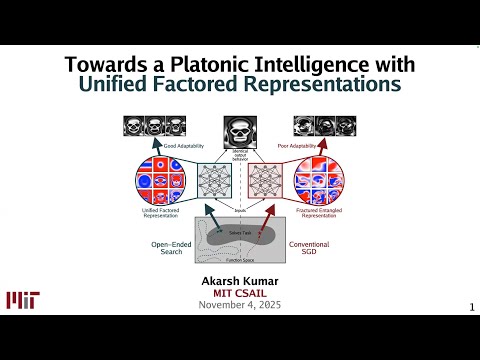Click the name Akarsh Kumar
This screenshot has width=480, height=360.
pyautogui.click(x=239, y=281)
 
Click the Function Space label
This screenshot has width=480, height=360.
pyautogui.click(x=239, y=268)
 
